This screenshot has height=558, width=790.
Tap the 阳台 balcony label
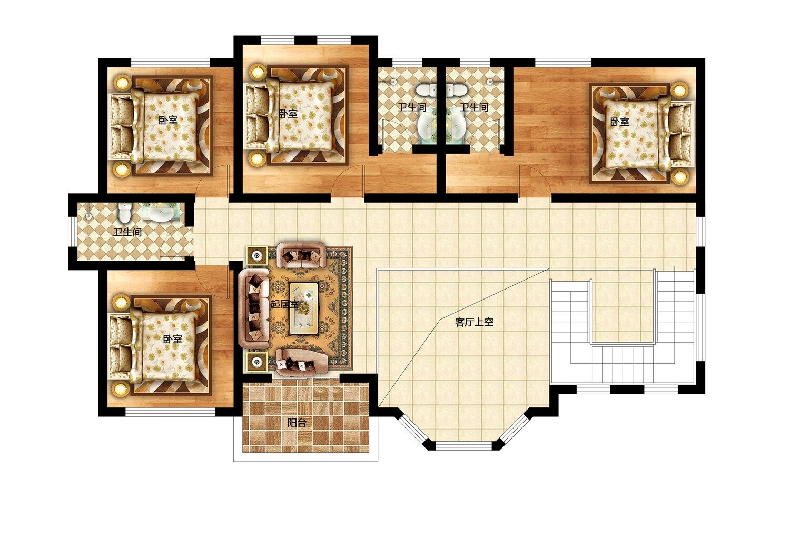(297, 423)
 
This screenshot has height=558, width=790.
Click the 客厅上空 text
(474, 322)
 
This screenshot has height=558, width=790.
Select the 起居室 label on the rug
(284, 304)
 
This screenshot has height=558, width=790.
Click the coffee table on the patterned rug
(304, 308)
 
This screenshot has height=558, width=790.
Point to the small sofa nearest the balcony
(302, 362)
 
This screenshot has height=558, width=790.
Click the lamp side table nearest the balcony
(257, 362)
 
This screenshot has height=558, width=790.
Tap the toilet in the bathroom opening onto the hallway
(124, 213)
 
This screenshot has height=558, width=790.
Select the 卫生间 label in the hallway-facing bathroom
(127, 232)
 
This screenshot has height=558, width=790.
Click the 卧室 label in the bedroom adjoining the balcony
(172, 339)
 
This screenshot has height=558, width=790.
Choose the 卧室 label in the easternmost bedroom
(620, 122)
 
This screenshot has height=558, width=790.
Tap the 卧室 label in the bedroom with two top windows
(288, 114)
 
